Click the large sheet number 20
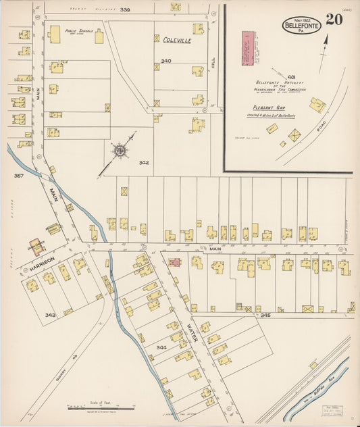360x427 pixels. [334, 19]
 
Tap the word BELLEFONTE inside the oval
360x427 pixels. [301, 25]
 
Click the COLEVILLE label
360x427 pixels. [177, 41]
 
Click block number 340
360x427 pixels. [166, 61]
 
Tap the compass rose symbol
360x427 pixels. [121, 150]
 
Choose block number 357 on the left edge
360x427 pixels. [18, 176]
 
